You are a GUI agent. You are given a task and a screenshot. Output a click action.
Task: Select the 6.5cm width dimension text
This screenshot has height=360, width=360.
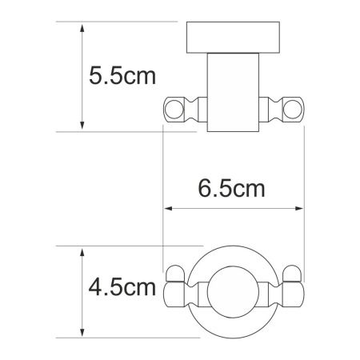pyautogui.click(x=232, y=190)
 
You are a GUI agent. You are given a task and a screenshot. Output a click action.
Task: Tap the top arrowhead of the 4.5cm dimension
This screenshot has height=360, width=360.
pyautogui.click(x=82, y=250)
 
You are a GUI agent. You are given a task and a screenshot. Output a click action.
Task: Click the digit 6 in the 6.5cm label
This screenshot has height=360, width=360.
pyautogui.click(x=205, y=190)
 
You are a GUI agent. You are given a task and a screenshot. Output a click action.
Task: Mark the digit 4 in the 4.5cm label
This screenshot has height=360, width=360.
pyautogui.click(x=95, y=286)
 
